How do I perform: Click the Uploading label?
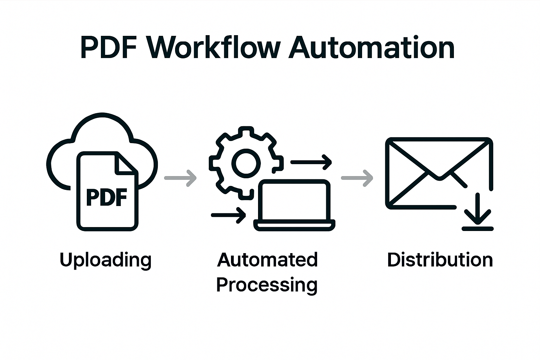[x=105, y=261]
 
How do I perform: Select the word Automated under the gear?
[x=267, y=260]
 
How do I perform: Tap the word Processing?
[x=267, y=285]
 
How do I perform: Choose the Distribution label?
[x=440, y=260]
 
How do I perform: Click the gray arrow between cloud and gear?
[x=180, y=178]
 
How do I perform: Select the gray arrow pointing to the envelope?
[x=357, y=178]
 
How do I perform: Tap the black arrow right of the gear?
[x=311, y=162]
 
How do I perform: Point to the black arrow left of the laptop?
[x=229, y=215]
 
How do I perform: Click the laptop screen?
[x=294, y=200]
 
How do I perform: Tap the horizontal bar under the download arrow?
[x=477, y=229]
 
